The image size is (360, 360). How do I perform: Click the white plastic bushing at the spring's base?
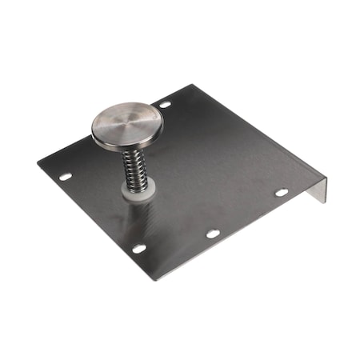click(x=135, y=190)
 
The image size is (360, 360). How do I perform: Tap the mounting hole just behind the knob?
click(x=165, y=104)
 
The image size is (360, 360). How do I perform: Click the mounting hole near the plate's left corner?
click(x=65, y=176)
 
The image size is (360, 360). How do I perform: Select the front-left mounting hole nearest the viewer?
click(x=139, y=249)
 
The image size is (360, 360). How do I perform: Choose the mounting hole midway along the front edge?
click(x=212, y=234)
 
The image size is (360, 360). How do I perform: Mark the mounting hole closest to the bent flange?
click(x=281, y=193)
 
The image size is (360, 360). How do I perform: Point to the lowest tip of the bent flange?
click(x=324, y=201)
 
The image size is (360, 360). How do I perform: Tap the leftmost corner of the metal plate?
click(x=38, y=165)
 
